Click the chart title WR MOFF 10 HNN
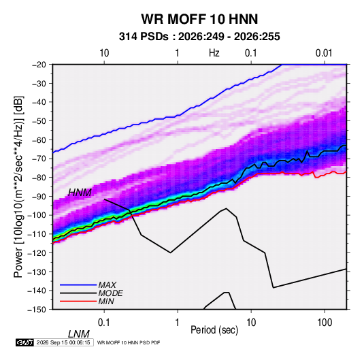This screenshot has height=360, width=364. click(x=199, y=19)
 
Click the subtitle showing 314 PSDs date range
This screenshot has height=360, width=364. click(x=199, y=37)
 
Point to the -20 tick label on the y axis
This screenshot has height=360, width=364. click(x=39, y=65)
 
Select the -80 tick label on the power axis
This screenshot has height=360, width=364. click(x=39, y=178)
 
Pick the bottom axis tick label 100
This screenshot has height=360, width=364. click(x=325, y=323)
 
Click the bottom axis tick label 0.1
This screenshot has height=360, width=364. click(x=104, y=323)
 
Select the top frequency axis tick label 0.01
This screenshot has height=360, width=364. click(x=324, y=53)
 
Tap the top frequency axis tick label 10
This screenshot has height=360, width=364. click(x=104, y=53)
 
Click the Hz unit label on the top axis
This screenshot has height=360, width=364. click(x=214, y=53)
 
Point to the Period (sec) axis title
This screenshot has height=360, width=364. click(x=214, y=330)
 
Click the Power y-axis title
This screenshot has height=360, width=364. click(x=18, y=186)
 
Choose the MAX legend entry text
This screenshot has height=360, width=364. click(x=107, y=284)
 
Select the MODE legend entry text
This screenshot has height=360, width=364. click(x=110, y=293)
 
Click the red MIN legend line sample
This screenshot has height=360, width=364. click(x=78, y=301)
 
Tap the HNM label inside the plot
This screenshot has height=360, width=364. click(x=80, y=193)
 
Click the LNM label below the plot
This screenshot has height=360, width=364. click(x=79, y=334)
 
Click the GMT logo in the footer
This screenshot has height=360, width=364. click(x=25, y=342)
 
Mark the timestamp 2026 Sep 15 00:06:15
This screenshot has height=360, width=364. click(x=63, y=342)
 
